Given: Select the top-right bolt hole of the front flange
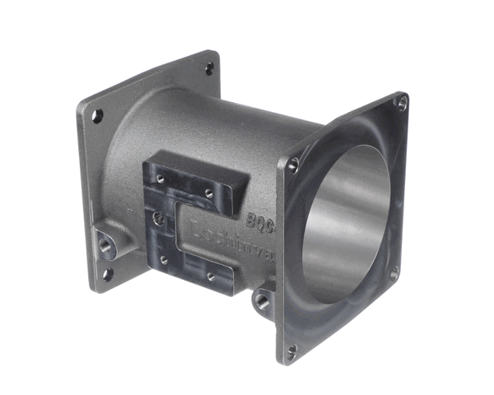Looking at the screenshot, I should (x=401, y=103).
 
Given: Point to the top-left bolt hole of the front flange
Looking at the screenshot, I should (x=292, y=165).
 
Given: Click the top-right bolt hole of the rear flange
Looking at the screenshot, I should (x=209, y=67).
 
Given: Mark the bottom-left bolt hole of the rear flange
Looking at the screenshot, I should (x=106, y=274).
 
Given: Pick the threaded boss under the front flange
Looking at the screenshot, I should (x=262, y=301).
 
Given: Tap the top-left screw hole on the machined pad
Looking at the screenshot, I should (x=160, y=178).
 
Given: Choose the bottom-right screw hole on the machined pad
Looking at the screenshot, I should (x=211, y=277).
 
